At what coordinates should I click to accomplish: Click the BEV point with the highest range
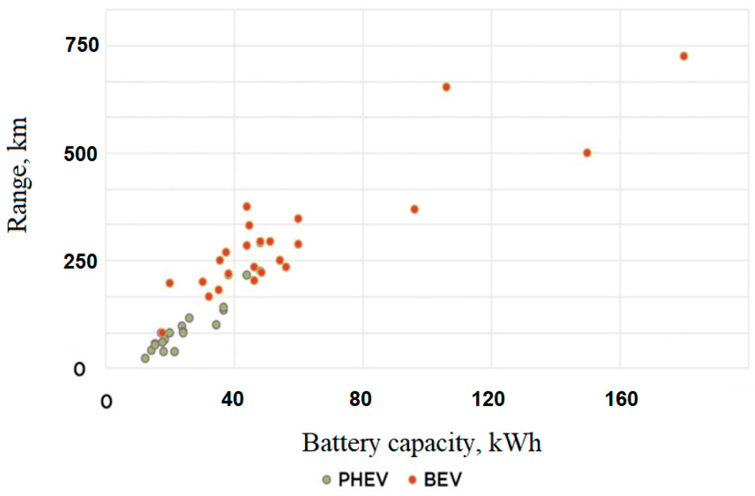pos(684,56)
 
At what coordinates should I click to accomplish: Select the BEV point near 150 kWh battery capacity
pos(587,153)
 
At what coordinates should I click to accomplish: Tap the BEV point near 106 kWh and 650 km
pos(446,87)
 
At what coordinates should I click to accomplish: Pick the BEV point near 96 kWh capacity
pos(414,209)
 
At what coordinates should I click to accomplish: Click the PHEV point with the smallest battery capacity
pos(145,358)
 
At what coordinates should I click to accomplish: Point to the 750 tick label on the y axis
pos(82,45)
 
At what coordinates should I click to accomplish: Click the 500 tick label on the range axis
pos(80,154)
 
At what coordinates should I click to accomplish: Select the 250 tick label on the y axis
pos(80,261)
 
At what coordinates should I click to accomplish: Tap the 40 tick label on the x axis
pos(232,399)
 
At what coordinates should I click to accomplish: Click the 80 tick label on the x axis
pos(360,399)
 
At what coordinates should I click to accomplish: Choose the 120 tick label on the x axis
pos(488,399)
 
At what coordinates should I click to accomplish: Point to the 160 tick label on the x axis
pos(621,399)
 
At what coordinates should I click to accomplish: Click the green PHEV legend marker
pos(327,479)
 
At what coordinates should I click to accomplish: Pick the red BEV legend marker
pos(413,479)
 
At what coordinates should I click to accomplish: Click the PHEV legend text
pos(363,479)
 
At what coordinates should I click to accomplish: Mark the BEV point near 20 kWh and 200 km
pos(169,283)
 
